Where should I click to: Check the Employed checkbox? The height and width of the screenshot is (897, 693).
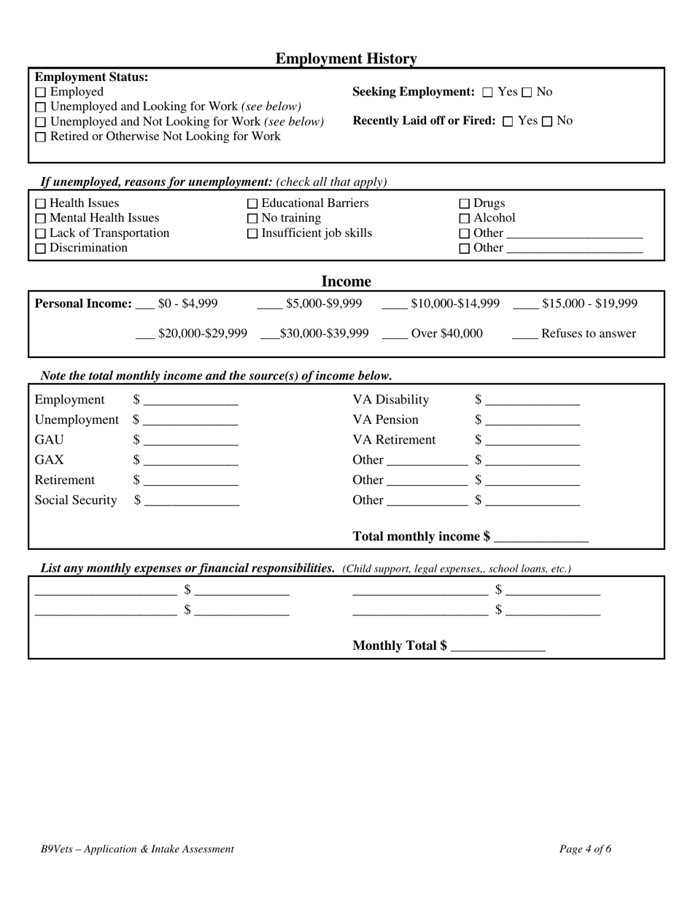pos(40,93)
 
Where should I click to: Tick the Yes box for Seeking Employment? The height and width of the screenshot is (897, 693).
pos(488,93)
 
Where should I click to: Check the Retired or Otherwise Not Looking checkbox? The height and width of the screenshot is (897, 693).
pos(40,137)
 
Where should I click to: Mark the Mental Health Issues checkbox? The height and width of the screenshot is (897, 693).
pos(40,219)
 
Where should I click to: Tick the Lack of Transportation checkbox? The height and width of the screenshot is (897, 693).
pos(40,234)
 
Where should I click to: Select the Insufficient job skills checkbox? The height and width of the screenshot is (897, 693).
pos(252,234)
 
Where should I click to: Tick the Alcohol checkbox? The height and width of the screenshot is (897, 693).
pos(464,219)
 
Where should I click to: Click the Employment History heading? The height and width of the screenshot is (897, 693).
pos(346,58)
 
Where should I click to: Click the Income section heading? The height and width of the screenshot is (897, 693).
pos(346,281)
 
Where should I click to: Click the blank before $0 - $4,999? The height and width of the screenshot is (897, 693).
pos(145,307)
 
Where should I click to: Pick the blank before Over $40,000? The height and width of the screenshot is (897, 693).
pos(395,337)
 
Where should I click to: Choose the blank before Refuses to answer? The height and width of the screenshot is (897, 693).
pos(524,337)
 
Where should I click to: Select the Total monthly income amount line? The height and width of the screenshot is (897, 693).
pos(541,540)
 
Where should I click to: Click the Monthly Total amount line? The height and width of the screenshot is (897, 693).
pos(498,649)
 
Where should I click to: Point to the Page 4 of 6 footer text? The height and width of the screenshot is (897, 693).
pos(585,849)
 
